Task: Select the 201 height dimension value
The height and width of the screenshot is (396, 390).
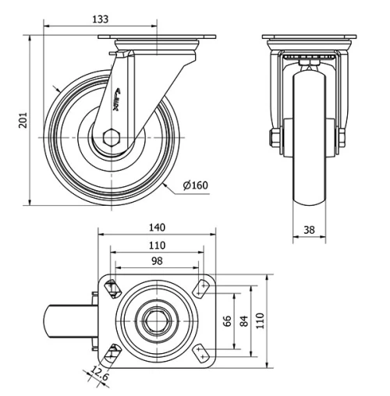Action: [23, 121]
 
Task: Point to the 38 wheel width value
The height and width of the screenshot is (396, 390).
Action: [310, 230]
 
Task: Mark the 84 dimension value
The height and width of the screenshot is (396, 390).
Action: [244, 321]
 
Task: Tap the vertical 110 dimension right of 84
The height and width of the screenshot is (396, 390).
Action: [261, 321]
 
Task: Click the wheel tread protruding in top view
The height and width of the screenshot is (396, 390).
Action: [69, 320]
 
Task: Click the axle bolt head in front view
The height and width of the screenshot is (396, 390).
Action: [275, 140]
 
